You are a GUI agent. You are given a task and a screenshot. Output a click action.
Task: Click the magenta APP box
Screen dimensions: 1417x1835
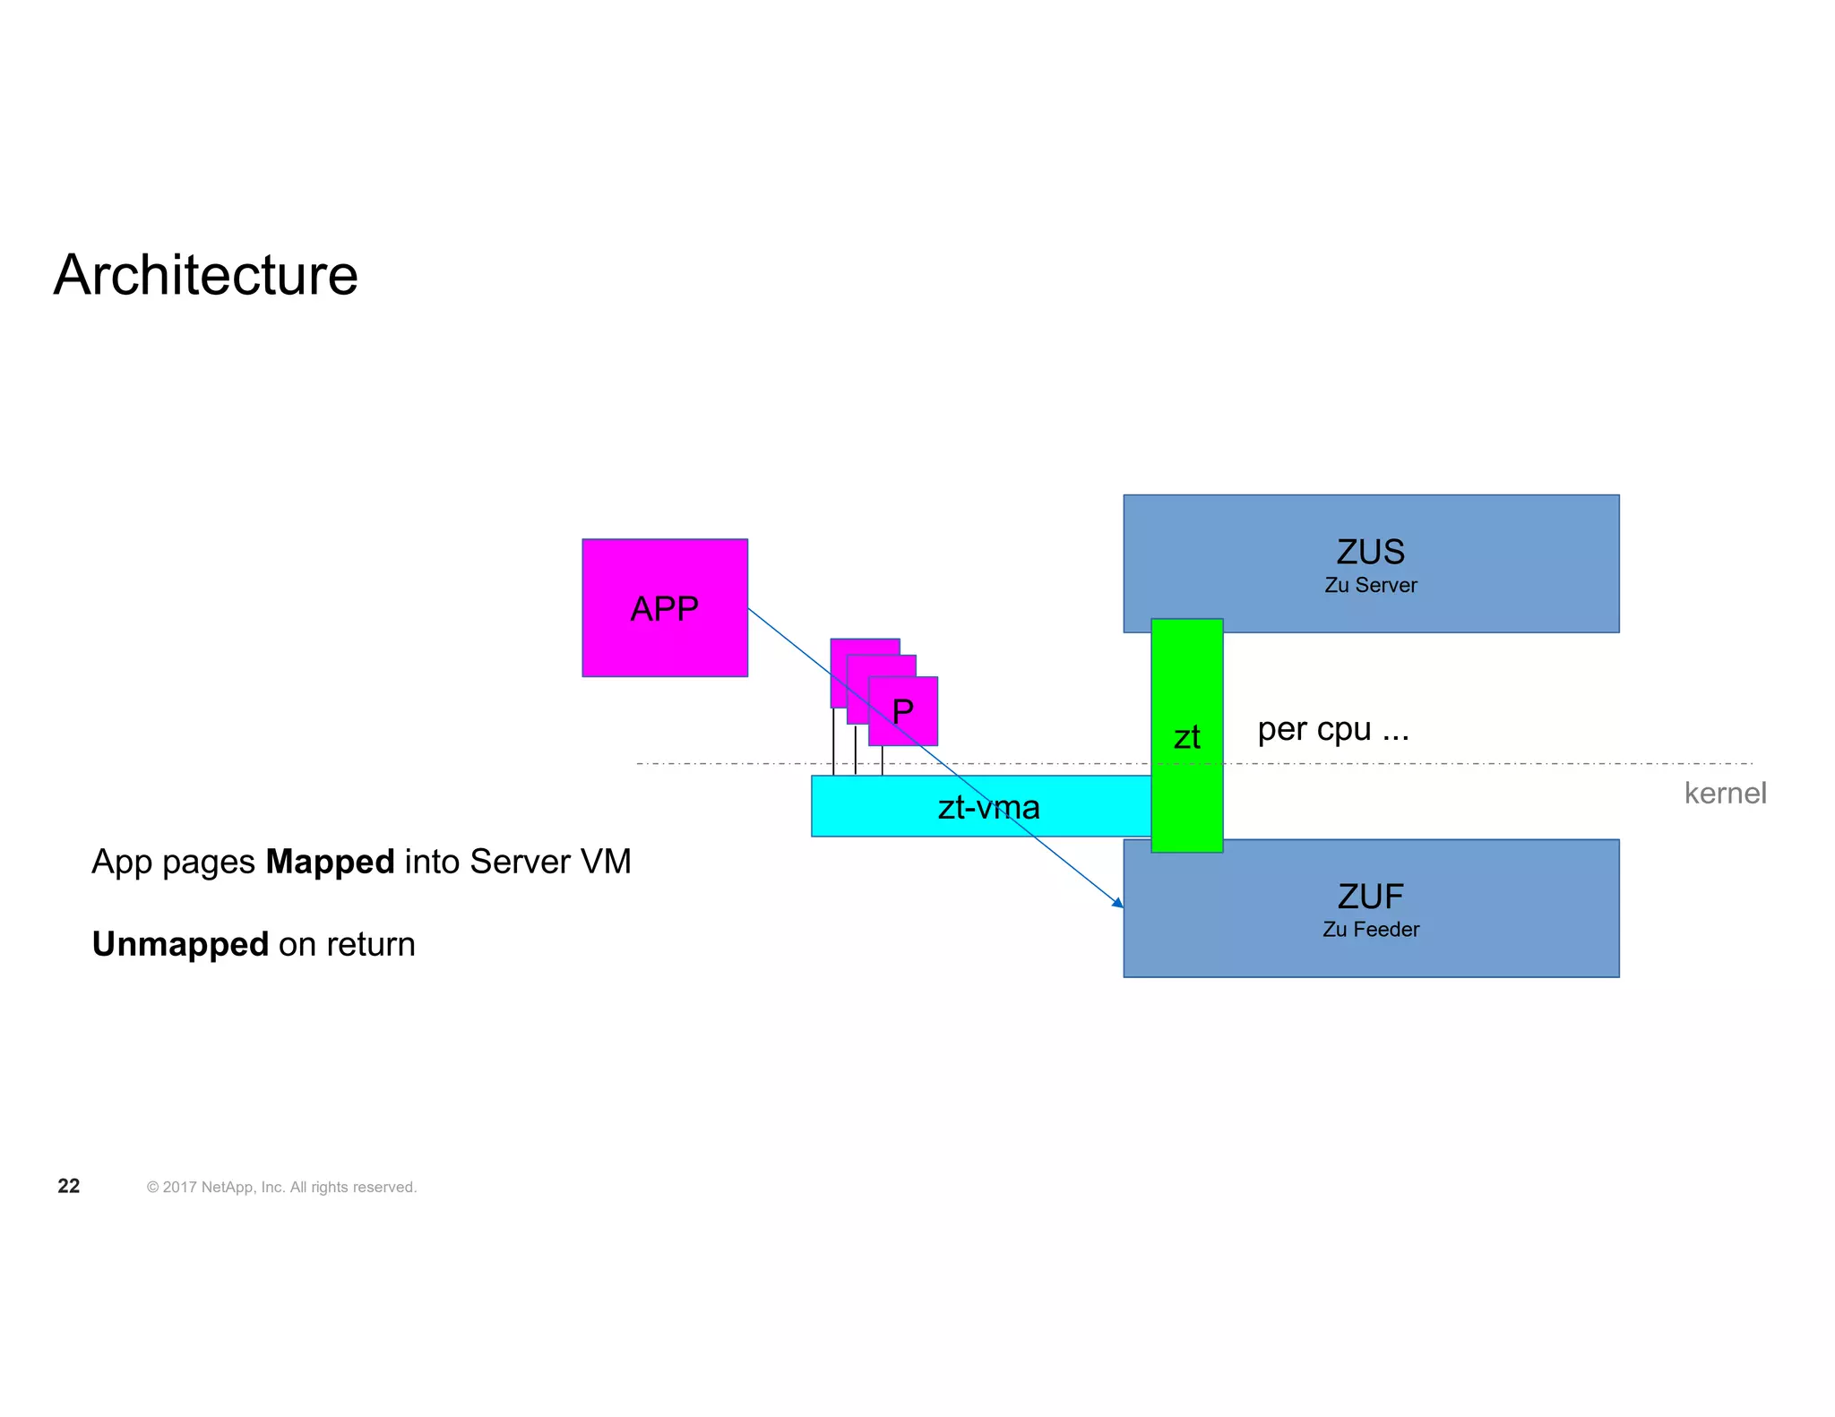click(x=664, y=608)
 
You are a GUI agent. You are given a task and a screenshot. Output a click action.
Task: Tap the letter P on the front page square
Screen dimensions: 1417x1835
click(x=903, y=712)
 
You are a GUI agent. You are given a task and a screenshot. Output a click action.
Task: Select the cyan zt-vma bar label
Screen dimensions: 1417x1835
click(x=988, y=808)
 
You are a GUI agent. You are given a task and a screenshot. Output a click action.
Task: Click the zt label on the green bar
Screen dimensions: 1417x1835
click(x=1186, y=737)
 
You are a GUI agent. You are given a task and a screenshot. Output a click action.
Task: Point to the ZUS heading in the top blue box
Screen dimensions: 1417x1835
click(x=1370, y=552)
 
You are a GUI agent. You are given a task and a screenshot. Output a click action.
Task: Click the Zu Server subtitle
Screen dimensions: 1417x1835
click(x=1370, y=586)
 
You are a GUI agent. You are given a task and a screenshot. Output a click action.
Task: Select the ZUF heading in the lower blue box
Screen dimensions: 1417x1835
click(x=1370, y=896)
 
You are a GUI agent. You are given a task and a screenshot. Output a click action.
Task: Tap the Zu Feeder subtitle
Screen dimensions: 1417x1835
click(x=1370, y=930)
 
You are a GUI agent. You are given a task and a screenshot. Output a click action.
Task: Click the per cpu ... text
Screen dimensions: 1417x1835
click(x=1332, y=729)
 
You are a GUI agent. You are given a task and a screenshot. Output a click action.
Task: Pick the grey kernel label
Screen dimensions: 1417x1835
click(x=1725, y=793)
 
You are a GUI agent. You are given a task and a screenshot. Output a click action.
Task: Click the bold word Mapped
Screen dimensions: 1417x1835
click(x=330, y=862)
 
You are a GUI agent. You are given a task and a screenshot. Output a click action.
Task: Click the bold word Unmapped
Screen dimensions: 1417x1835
click(x=180, y=944)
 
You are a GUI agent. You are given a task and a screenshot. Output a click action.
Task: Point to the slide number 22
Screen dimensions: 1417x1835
click(x=69, y=1186)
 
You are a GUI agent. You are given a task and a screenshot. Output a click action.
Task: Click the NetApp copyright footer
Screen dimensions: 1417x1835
click(x=281, y=1187)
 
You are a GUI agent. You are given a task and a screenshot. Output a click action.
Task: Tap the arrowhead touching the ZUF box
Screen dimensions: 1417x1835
click(x=1118, y=903)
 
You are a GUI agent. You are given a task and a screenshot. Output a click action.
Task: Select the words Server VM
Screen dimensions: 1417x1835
click(x=550, y=862)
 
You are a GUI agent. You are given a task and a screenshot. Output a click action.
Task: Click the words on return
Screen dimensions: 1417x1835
click(x=347, y=944)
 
